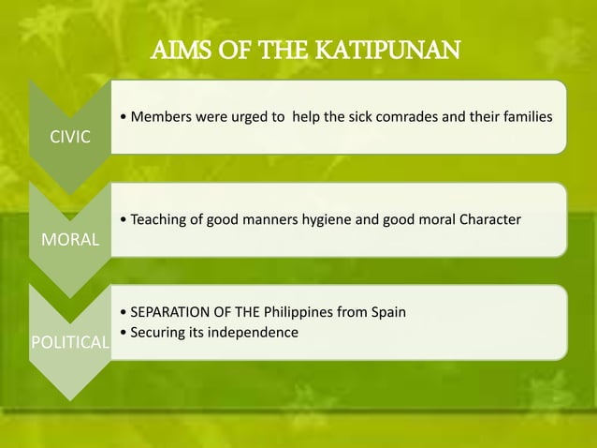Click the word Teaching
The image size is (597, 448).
(162, 219)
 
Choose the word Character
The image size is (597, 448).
(487, 219)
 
